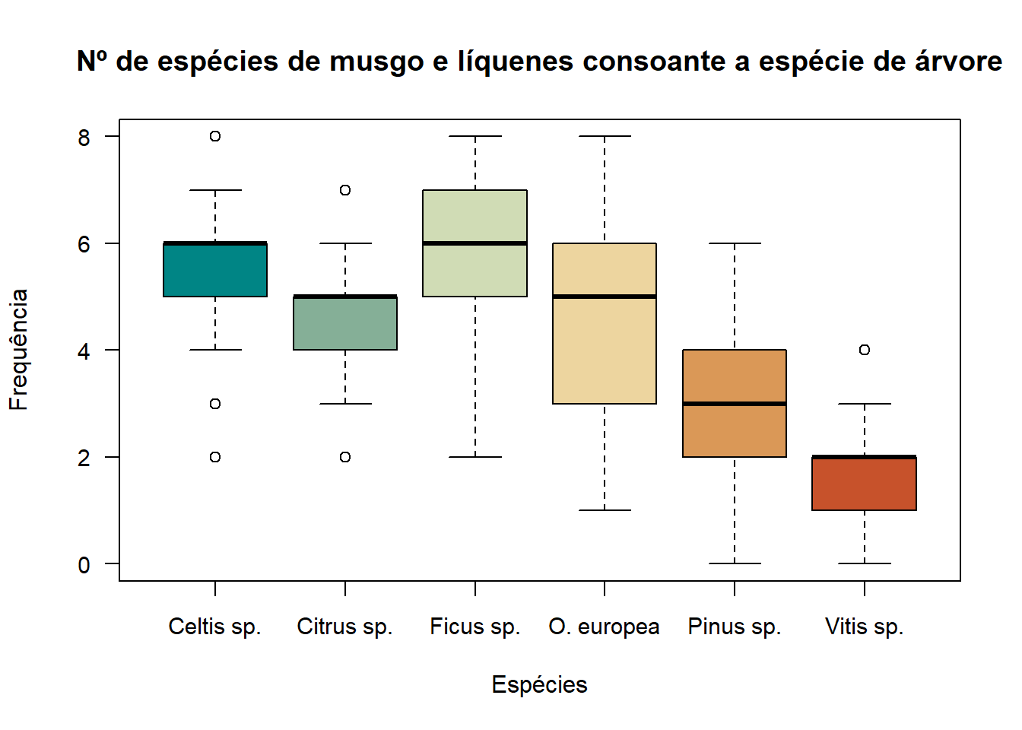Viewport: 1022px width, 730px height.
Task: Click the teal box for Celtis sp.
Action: (x=215, y=270)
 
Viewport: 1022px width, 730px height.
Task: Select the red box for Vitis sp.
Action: (x=864, y=484)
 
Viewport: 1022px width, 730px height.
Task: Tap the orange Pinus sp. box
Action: (x=735, y=430)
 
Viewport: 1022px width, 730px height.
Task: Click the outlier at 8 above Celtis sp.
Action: (x=215, y=136)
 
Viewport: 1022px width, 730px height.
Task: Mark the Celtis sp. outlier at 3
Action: (x=215, y=404)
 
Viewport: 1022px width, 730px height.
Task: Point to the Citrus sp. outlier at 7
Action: (x=345, y=190)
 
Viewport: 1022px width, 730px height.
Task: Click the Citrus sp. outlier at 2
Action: (x=345, y=457)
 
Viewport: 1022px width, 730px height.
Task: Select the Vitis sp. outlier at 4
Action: (x=865, y=350)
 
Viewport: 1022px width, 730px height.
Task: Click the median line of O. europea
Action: (x=605, y=297)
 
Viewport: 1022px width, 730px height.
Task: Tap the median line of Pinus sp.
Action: (x=735, y=404)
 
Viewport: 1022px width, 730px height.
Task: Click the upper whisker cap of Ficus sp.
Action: (x=475, y=136)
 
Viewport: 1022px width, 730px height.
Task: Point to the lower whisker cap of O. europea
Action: (x=605, y=510)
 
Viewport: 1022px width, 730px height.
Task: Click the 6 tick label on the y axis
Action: (x=84, y=244)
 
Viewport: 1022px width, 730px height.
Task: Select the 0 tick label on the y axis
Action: (x=84, y=565)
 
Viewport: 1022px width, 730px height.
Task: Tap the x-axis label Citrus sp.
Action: (x=344, y=627)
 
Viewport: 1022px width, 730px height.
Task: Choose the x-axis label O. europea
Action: (x=604, y=627)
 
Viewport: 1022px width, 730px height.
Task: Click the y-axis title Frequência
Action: (x=18, y=350)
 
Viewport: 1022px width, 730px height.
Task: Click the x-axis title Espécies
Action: (x=539, y=684)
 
